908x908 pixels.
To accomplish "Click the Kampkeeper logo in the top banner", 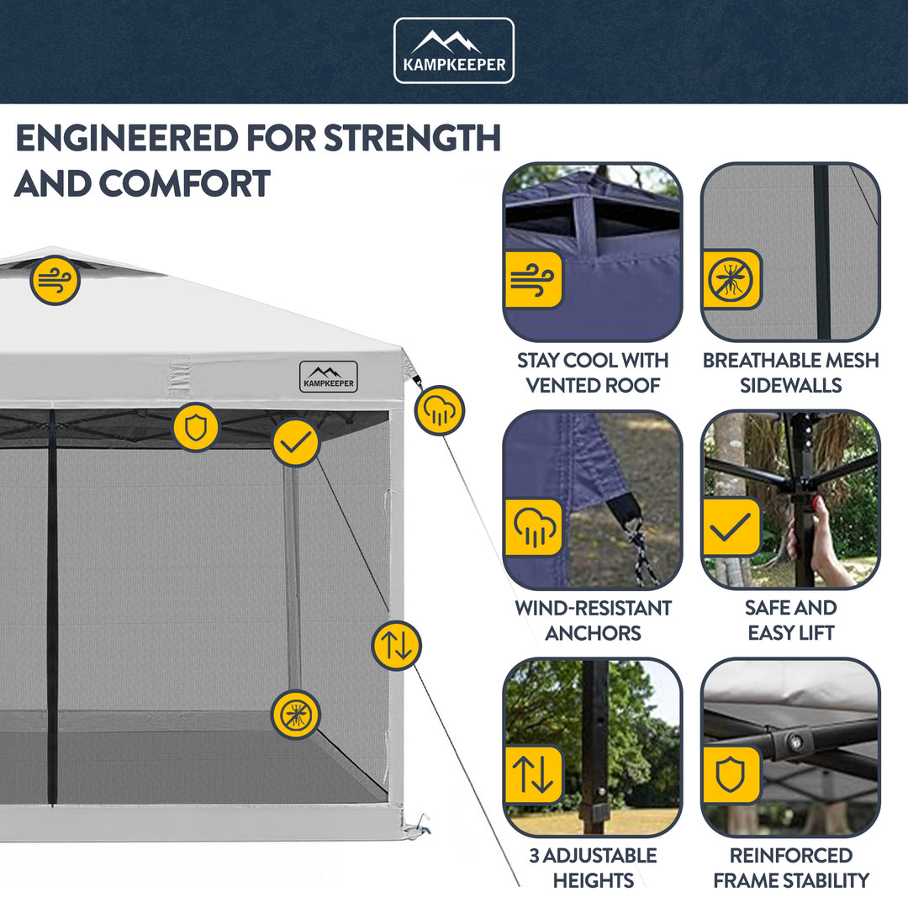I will [x=454, y=50].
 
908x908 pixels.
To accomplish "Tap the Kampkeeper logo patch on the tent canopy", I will [x=328, y=377].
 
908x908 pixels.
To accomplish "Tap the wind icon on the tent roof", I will [x=55, y=280].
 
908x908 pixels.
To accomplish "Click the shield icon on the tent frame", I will [x=196, y=427].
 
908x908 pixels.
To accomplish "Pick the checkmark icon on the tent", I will [x=295, y=442].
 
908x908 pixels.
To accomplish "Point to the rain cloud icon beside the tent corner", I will [x=440, y=410].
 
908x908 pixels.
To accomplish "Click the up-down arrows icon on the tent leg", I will [x=396, y=645].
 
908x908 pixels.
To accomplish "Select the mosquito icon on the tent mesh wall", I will [x=295, y=715].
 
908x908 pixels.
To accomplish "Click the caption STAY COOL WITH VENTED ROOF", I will [x=593, y=372].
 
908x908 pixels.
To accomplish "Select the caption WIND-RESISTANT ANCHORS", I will [x=593, y=620].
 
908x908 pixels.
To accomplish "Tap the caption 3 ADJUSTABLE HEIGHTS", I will [x=593, y=868].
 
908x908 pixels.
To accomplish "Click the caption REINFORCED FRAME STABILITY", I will [x=790, y=868].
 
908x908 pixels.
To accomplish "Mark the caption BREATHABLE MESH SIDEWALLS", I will [x=790, y=372].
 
